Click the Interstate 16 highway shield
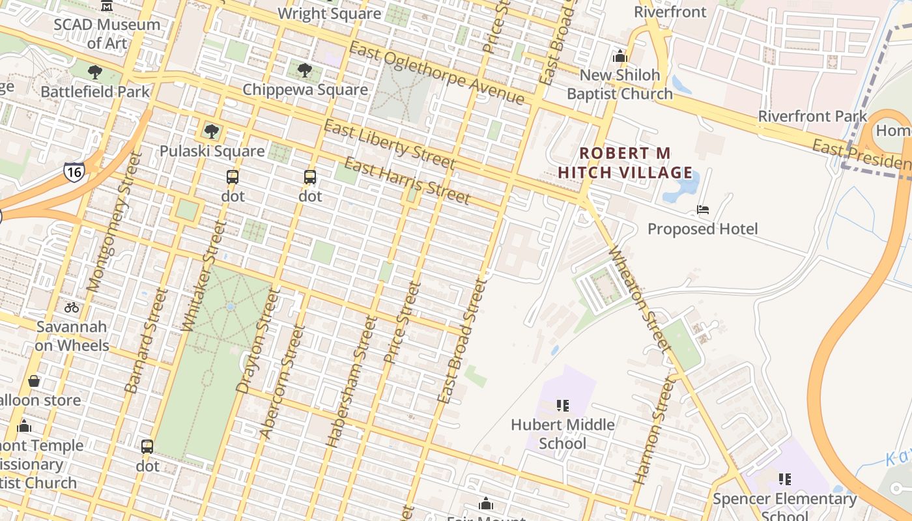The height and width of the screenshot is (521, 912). [x=74, y=172]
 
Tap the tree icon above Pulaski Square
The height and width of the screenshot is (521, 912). [x=211, y=132]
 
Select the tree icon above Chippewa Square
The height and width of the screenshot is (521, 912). [x=304, y=70]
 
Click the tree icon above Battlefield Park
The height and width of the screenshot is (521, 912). [x=95, y=72]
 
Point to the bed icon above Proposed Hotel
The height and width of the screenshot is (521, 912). [x=702, y=210]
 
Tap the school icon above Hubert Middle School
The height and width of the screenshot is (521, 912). [x=563, y=406]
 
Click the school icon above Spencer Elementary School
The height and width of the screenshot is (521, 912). [x=784, y=479]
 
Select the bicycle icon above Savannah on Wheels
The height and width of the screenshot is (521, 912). [x=72, y=307]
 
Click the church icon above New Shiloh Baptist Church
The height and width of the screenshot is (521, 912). [x=620, y=56]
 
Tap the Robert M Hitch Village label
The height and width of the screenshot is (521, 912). [x=625, y=163]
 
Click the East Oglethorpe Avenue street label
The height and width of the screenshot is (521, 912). [x=436, y=72]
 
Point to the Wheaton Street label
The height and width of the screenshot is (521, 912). [x=640, y=300]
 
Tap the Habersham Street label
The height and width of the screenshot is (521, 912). [x=352, y=381]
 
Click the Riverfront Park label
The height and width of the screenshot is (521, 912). [x=812, y=117]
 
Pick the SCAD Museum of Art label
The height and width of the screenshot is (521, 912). [x=107, y=34]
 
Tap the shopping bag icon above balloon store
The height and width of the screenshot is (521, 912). [x=34, y=381]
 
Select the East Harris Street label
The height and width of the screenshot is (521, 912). [x=406, y=180]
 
